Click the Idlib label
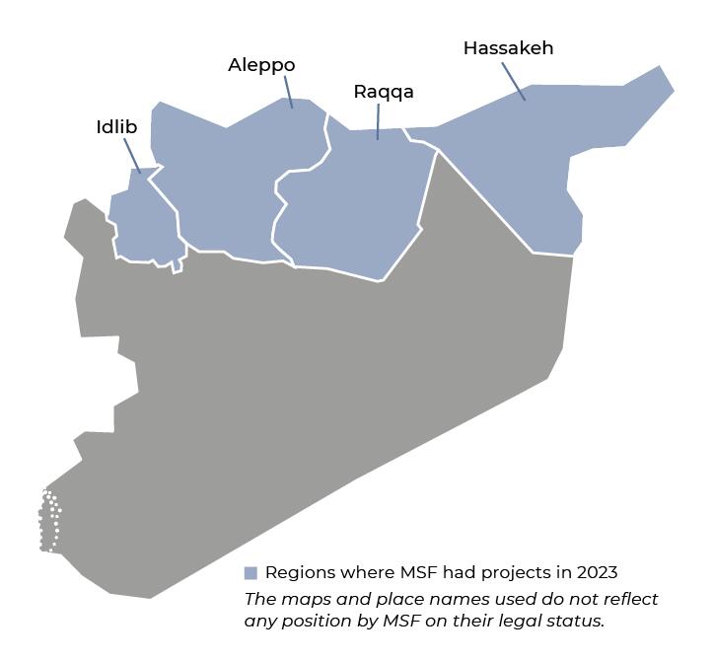(x=116, y=127)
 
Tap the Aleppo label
(x=261, y=65)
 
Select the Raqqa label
(x=384, y=92)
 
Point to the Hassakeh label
(x=508, y=47)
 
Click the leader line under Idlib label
(x=132, y=156)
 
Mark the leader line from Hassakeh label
(x=513, y=81)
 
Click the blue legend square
(x=250, y=573)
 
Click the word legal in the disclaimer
(x=520, y=621)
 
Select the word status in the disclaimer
(x=576, y=621)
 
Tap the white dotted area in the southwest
(x=49, y=520)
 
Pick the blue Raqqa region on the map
(x=355, y=207)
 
